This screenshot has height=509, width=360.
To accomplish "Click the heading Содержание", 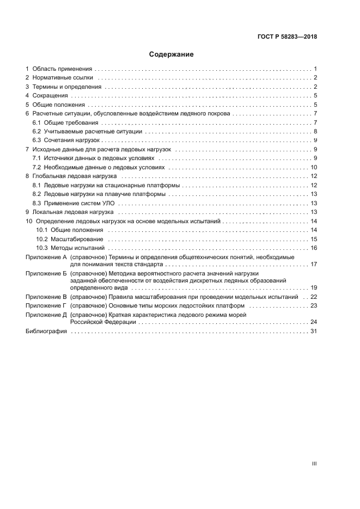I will pos(172,54).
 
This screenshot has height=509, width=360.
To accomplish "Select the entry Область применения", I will pos(62,69).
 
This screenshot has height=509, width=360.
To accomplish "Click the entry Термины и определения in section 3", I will pos(67,87).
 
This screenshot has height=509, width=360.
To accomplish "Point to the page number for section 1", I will pos(315,69).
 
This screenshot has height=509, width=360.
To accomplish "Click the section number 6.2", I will pos(37,131).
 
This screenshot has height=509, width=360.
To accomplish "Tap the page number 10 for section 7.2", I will pos(314,167).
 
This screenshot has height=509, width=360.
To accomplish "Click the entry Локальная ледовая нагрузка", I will pos(72,212).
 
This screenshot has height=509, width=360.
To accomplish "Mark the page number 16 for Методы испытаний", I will pos(314,248).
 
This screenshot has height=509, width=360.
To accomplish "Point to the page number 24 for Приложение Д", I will pos(314,322).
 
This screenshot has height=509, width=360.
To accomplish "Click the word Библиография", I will pos(46,331).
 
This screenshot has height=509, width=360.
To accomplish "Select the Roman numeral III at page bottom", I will pos(314,464).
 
